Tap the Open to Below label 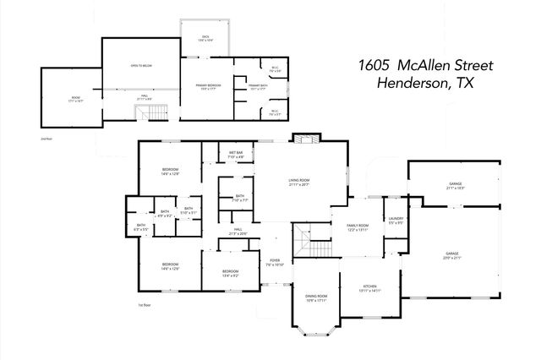(140, 65)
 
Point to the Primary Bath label (258, 87)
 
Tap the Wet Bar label (236, 155)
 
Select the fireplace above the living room (302, 139)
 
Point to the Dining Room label (317, 296)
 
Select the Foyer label (275, 262)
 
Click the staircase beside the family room (319, 248)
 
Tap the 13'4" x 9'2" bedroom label (230, 272)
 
